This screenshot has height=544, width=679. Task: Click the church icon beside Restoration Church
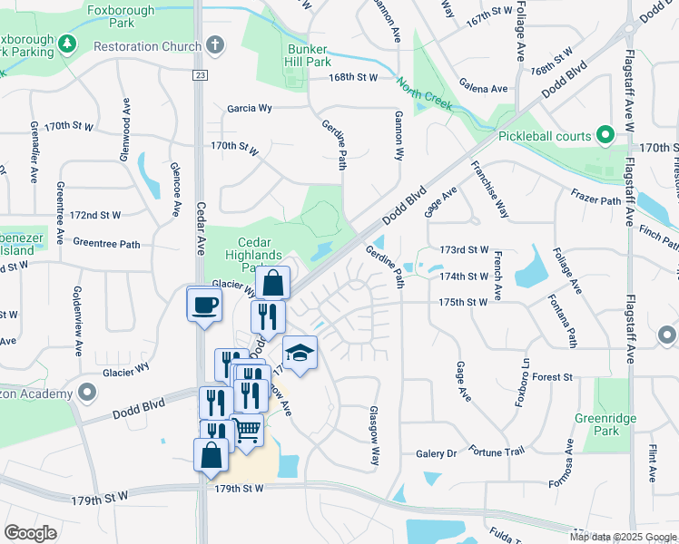pyautogui.click(x=214, y=44)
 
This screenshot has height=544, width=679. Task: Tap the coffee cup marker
pyautogui.click(x=204, y=305)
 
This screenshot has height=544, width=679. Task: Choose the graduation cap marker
pyautogui.click(x=300, y=354)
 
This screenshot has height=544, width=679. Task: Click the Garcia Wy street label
pyautogui.click(x=250, y=107)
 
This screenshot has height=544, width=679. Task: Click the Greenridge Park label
pyautogui.click(x=605, y=424)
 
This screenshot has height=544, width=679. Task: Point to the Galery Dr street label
pyautogui.click(x=436, y=453)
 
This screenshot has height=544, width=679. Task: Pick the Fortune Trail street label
pyautogui.click(x=497, y=451)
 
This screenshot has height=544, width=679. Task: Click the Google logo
pyautogui.click(x=30, y=532)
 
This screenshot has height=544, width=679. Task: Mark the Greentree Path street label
pyautogui.click(x=106, y=243)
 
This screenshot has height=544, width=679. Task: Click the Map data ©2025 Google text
pyautogui.click(x=622, y=537)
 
